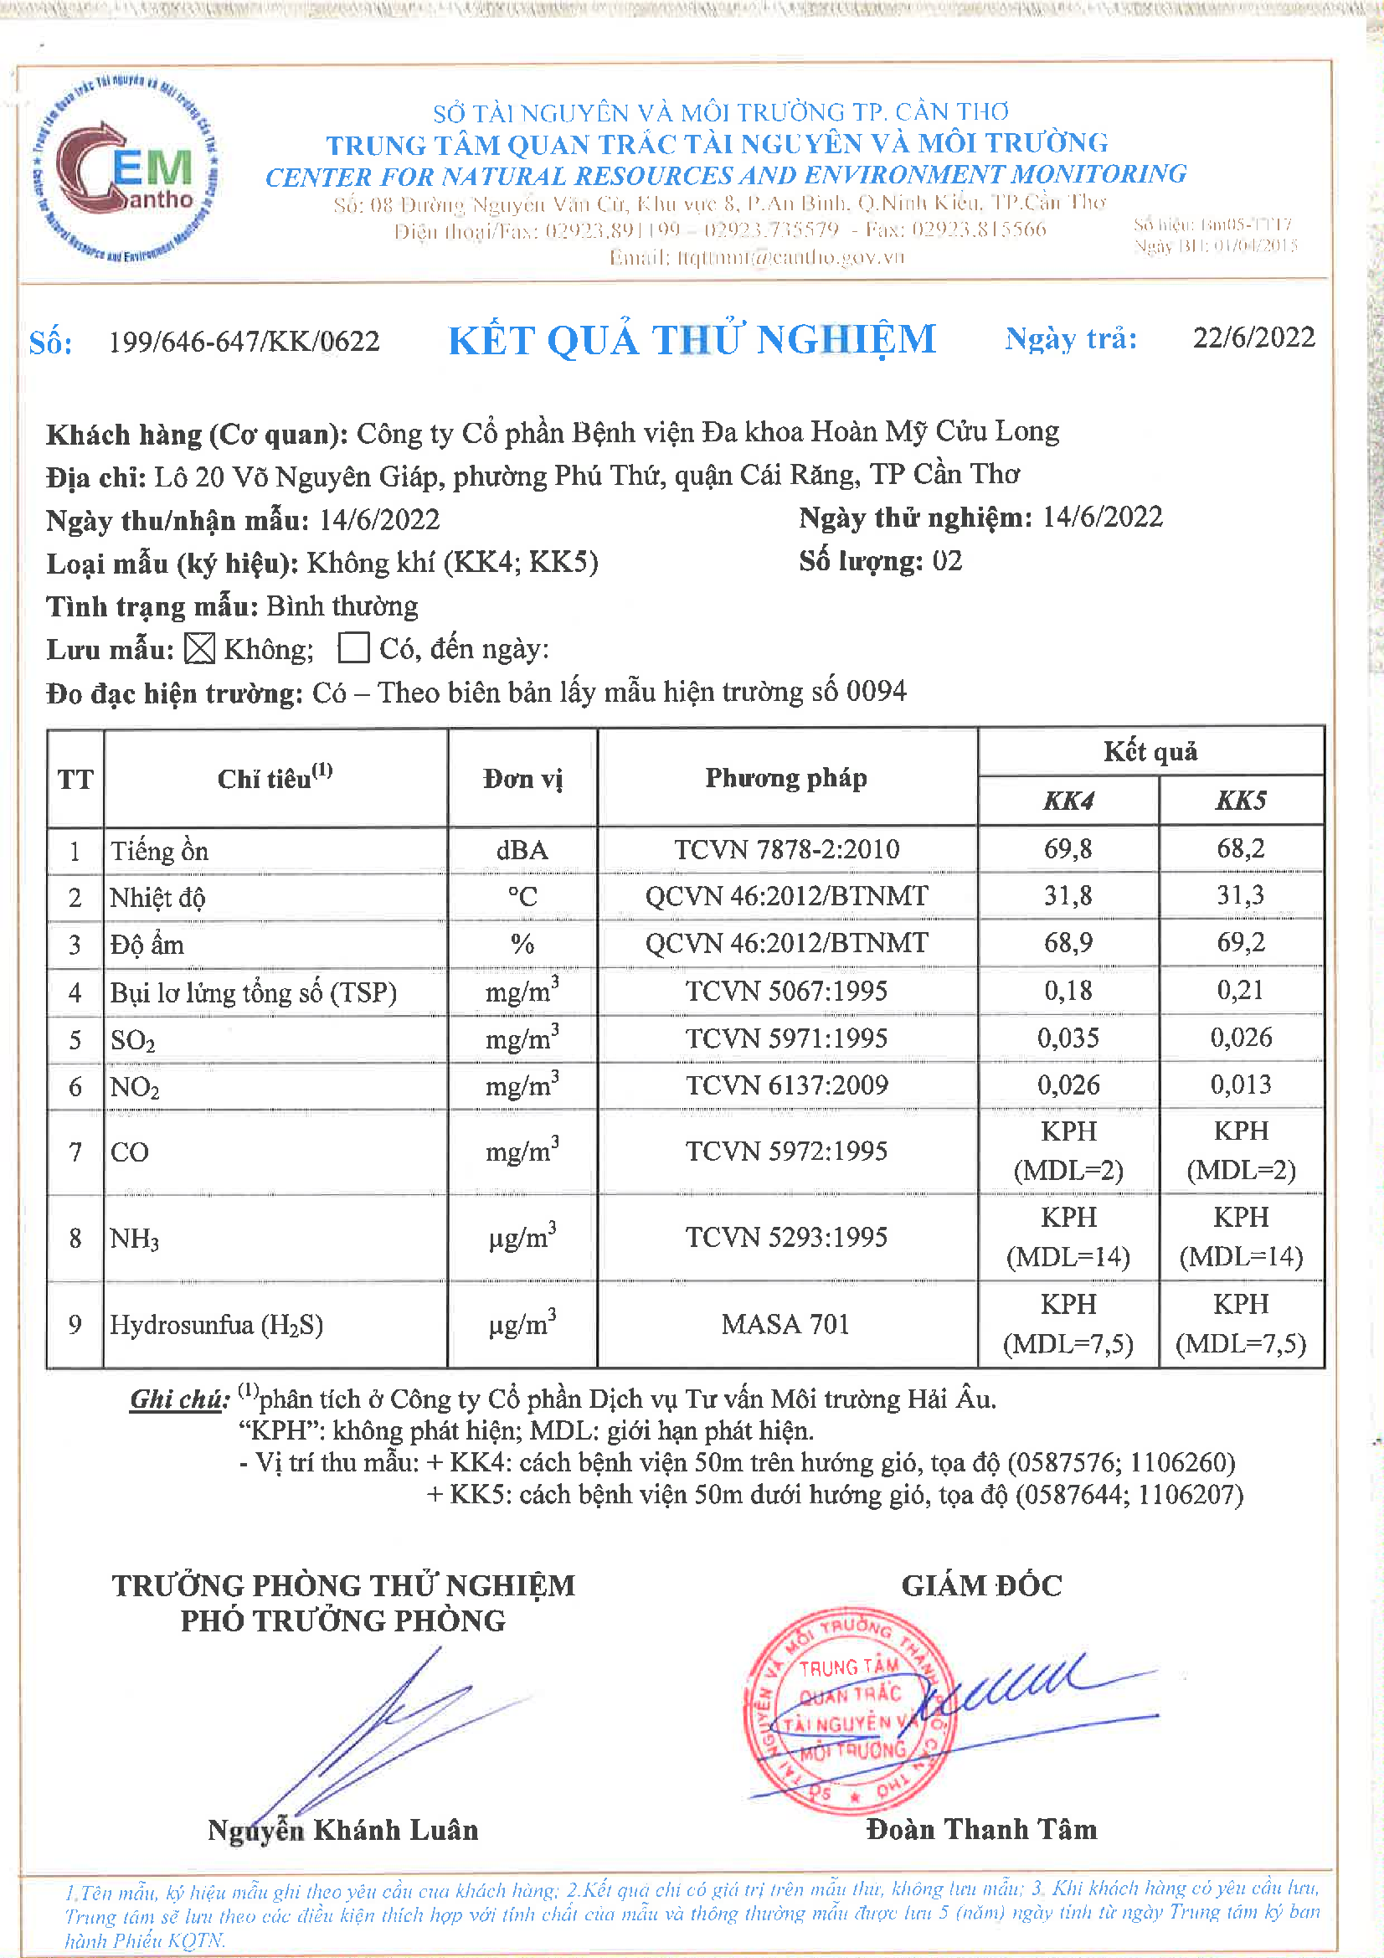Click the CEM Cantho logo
pyautogui.click(x=126, y=169)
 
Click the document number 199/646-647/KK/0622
pyautogui.click(x=244, y=342)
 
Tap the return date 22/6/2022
pyautogui.click(x=1253, y=337)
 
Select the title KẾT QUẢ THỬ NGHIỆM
pyautogui.click(x=692, y=340)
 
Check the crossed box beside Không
pyautogui.click(x=199, y=649)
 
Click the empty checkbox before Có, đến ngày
pyautogui.click(x=353, y=648)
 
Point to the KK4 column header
pyautogui.click(x=1068, y=801)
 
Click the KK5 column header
pyautogui.click(x=1241, y=801)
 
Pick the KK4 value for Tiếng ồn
pyautogui.click(x=1068, y=849)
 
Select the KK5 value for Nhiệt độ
pyautogui.click(x=1241, y=895)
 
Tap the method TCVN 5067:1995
pyautogui.click(x=786, y=991)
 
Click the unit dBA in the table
pyautogui.click(x=522, y=850)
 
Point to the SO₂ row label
pyautogui.click(x=133, y=1040)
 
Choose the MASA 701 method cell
pyautogui.click(x=785, y=1324)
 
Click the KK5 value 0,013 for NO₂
pyautogui.click(x=1241, y=1085)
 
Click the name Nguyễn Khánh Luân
pyautogui.click(x=342, y=1831)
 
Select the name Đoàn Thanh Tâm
pyautogui.click(x=981, y=1830)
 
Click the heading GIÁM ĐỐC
pyautogui.click(x=981, y=1586)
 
